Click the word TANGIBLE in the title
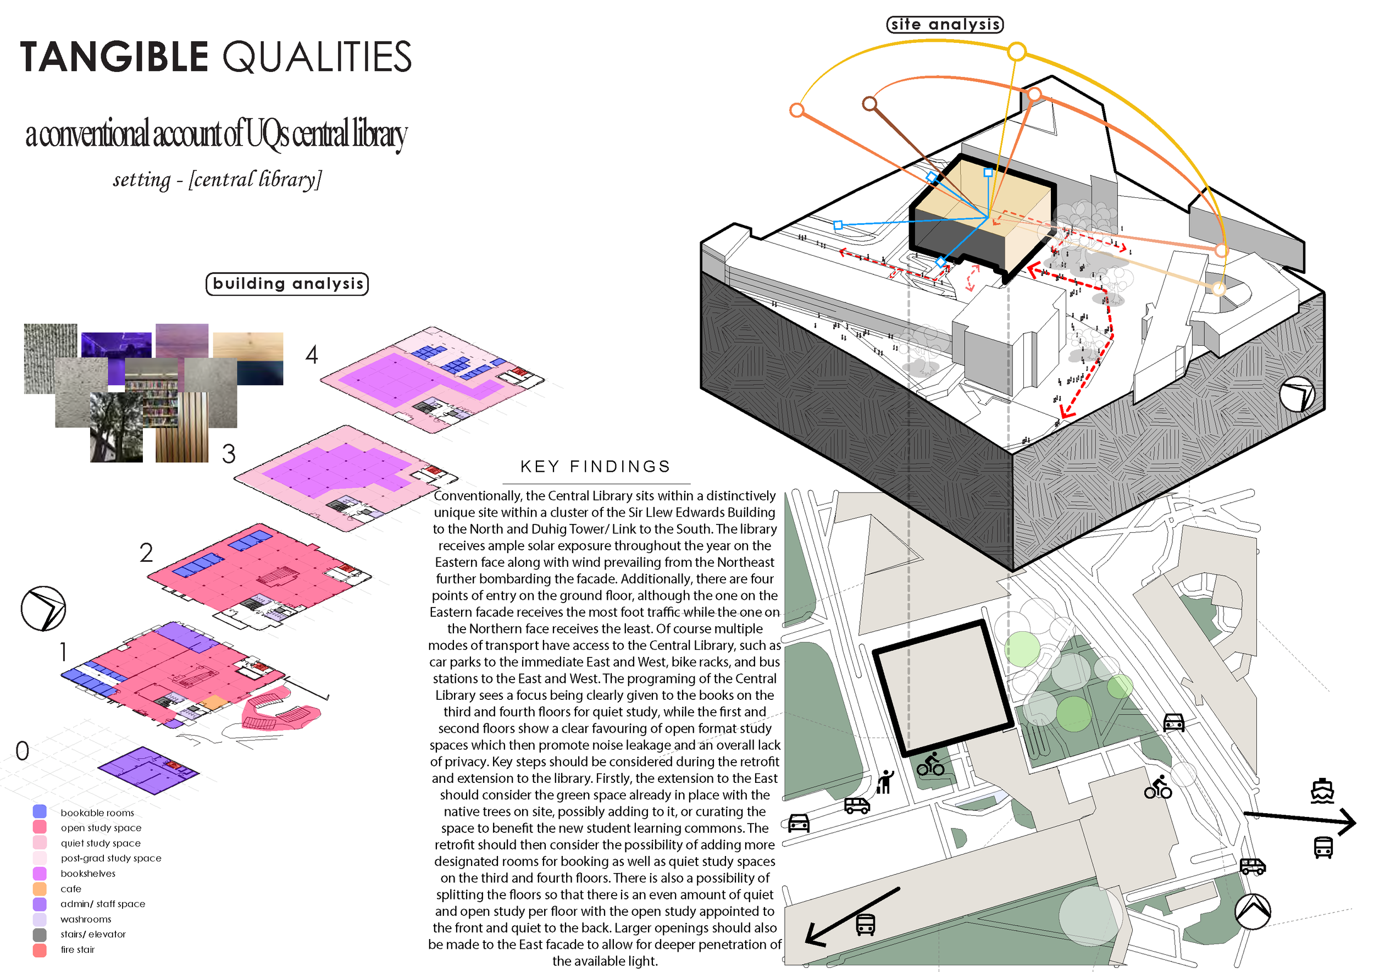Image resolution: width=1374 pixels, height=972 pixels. (114, 57)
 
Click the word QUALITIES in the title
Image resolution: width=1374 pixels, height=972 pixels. (317, 57)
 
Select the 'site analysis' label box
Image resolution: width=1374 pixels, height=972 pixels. (944, 25)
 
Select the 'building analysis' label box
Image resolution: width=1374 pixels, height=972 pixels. (287, 284)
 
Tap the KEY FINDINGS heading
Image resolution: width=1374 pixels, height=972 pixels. (595, 467)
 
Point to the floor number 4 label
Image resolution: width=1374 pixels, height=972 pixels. (312, 355)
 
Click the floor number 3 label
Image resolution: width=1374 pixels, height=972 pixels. (229, 454)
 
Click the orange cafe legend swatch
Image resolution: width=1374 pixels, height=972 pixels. (40, 889)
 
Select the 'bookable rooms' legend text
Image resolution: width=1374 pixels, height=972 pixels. (97, 813)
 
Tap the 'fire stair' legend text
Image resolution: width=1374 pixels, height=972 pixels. (78, 950)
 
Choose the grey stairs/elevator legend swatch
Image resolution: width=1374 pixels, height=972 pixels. (40, 934)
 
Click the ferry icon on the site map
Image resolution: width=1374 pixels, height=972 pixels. (1322, 791)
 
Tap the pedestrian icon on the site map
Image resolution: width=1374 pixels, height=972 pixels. (885, 782)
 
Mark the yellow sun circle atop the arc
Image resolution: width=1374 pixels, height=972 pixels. (1017, 52)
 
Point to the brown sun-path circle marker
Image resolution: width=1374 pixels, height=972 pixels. (869, 103)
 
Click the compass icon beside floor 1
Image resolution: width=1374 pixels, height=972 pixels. (43, 608)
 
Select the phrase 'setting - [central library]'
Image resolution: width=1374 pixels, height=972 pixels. (217, 180)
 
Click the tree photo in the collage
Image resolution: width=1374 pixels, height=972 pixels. (117, 427)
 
